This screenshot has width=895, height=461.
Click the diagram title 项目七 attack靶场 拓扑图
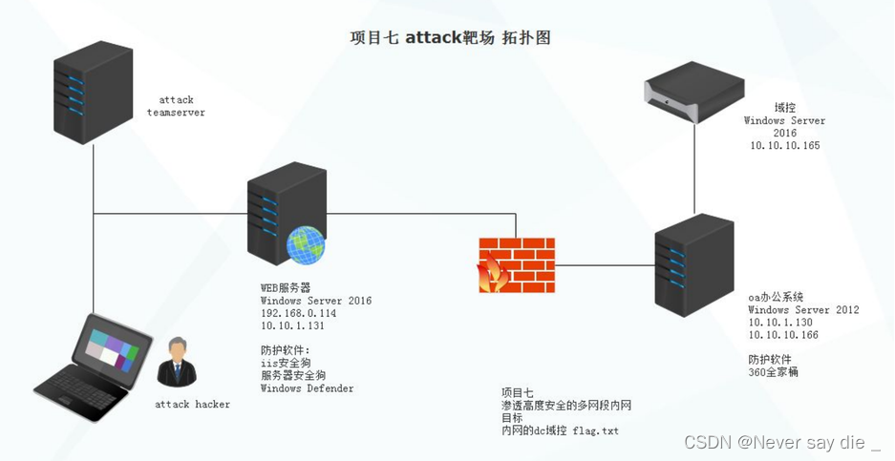(x=450, y=38)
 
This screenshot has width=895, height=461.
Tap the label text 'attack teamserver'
(x=176, y=106)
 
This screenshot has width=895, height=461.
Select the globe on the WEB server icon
(x=305, y=244)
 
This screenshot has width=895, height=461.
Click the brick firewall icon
(x=516, y=265)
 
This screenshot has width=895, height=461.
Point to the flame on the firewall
(x=493, y=273)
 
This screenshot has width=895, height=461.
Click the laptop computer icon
(x=93, y=367)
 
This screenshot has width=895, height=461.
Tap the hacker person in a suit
(x=176, y=362)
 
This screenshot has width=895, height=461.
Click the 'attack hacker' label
(x=192, y=405)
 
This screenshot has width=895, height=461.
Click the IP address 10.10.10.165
(x=784, y=146)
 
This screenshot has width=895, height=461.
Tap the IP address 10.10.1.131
(x=292, y=325)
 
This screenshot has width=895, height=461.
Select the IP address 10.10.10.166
(x=783, y=335)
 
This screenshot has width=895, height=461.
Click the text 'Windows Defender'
(x=307, y=388)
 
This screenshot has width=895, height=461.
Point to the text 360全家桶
(x=773, y=372)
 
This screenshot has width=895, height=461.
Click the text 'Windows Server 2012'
(x=803, y=310)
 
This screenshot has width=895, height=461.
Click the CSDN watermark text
(x=780, y=442)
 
